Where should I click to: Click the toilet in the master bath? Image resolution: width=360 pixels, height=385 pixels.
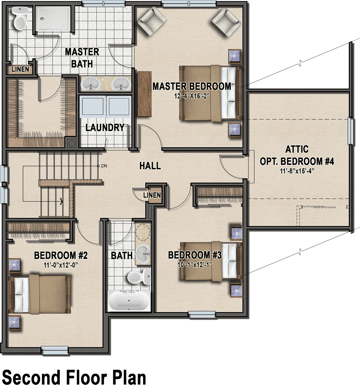20,18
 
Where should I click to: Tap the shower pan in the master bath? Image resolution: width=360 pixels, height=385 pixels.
53,18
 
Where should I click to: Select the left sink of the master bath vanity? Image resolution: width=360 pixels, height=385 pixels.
91,84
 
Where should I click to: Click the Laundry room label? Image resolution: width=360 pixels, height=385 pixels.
105,127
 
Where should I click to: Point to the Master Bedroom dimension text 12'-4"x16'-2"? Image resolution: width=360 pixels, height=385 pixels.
192,96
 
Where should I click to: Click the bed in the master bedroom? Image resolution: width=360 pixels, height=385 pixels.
211,93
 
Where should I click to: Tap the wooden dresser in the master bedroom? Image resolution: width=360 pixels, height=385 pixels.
144,94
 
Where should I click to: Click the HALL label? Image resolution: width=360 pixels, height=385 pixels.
150,166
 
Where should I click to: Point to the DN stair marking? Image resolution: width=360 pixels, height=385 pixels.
104,166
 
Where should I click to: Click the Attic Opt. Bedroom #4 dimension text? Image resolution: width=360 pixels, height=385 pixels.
297,171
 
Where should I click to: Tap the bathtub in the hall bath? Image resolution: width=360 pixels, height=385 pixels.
129,300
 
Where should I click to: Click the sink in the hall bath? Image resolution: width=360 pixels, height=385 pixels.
143,254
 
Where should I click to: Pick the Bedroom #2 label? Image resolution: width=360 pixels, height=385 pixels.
61,255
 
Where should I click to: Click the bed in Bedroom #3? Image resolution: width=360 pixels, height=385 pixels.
211,261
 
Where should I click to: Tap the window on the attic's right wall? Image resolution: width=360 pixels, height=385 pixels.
351,131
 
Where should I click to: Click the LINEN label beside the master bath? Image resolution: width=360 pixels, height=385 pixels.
20,69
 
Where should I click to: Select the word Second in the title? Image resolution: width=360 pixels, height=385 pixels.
31,377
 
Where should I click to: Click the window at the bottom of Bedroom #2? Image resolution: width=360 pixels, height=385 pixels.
54,350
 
